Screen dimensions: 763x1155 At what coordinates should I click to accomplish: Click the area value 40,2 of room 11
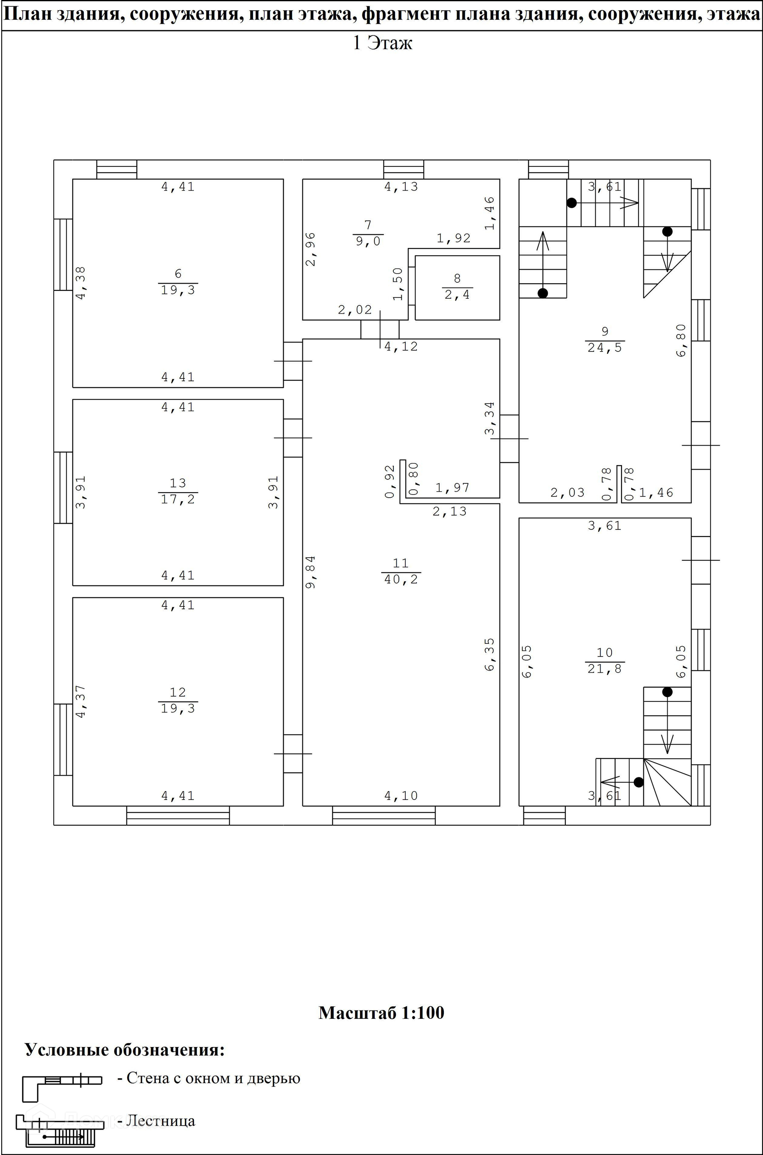tap(401, 579)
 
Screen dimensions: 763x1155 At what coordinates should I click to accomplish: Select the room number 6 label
tap(178, 274)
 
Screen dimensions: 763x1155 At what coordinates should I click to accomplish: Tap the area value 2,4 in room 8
tap(457, 295)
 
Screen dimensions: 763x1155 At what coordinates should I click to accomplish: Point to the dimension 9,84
tap(310, 572)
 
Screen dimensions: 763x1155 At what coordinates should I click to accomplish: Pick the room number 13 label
tap(178, 483)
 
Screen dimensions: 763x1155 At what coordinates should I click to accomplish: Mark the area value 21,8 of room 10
tap(604, 669)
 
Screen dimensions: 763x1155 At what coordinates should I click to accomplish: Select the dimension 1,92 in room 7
tap(453, 238)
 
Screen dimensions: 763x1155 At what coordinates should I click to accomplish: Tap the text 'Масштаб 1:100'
tap(381, 1013)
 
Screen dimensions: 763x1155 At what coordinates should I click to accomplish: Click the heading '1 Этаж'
tap(382, 43)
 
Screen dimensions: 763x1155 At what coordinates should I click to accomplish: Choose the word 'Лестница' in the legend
tap(160, 1121)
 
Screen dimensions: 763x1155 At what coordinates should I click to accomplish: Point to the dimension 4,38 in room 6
tap(81, 282)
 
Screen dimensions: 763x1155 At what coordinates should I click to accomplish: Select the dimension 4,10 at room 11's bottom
tap(401, 796)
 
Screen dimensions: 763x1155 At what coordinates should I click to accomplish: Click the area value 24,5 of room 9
tap(604, 348)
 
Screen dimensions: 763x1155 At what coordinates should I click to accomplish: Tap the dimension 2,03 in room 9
tap(567, 493)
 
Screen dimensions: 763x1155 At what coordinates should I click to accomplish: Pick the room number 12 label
tap(178, 692)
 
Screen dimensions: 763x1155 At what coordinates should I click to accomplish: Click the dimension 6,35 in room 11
tap(490, 655)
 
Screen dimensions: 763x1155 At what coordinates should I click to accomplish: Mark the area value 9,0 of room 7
tap(368, 241)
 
